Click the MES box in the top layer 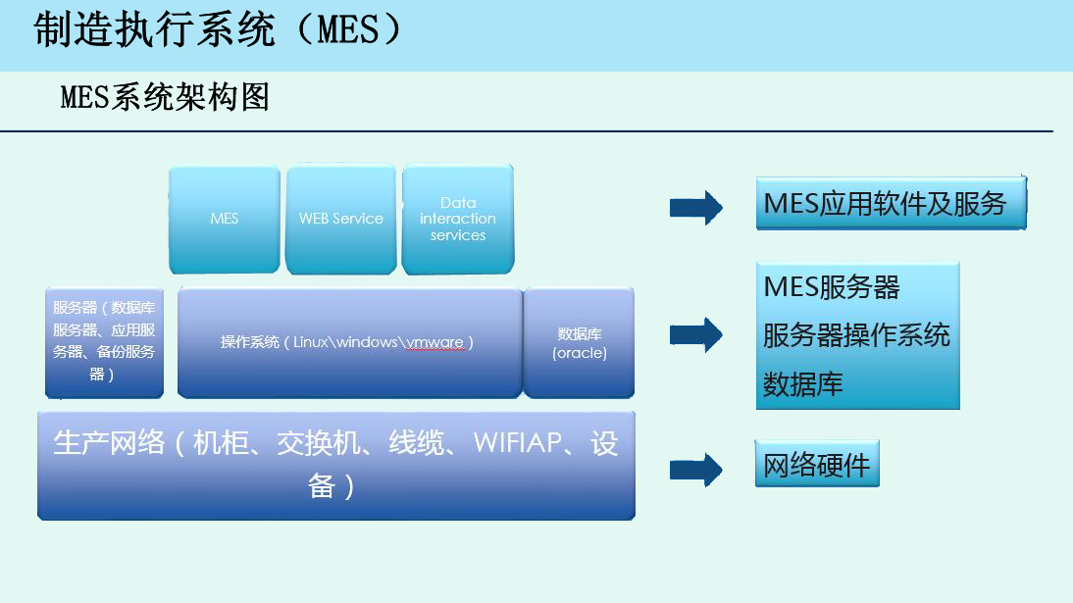coord(225,220)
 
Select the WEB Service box coord(340,220)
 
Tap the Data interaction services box coord(458,220)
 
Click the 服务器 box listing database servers coord(104,342)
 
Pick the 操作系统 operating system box coord(348,342)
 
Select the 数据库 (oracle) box coord(579,342)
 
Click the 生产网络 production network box coord(335,465)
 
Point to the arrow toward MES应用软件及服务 coord(695,207)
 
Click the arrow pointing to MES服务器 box coord(695,334)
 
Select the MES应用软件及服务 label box coord(890,204)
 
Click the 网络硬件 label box coord(817,465)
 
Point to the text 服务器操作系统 coord(856,335)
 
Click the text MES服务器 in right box coord(831,287)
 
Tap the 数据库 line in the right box coord(803,383)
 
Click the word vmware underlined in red coord(435,342)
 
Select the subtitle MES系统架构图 coord(165,97)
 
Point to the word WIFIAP coord(517,443)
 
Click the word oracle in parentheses coord(580,353)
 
